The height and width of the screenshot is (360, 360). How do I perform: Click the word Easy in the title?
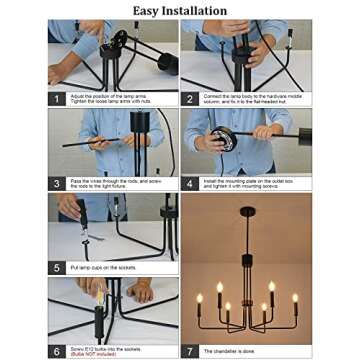point(151,11)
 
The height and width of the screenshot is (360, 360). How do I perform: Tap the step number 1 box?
point(58,99)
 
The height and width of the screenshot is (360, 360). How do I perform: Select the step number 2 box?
point(190,99)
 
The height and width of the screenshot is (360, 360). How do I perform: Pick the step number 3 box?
point(58,184)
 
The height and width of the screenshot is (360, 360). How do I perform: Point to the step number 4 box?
point(190,184)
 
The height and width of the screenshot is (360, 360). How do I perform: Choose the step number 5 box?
point(58,268)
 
